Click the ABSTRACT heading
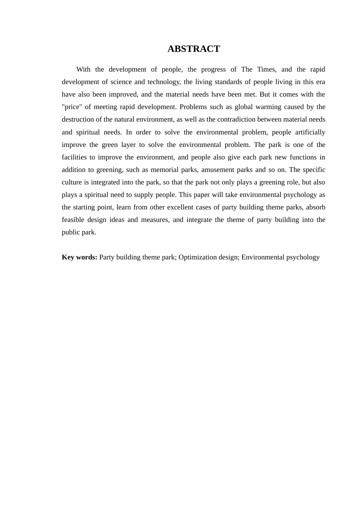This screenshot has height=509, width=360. click(x=194, y=49)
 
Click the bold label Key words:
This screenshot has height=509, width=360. click(x=80, y=257)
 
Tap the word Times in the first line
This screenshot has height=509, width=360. click(x=266, y=69)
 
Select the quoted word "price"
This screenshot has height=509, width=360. click(x=72, y=107)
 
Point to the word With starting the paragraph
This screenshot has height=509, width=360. click(x=83, y=69)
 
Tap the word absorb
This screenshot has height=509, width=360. click(x=316, y=207)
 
